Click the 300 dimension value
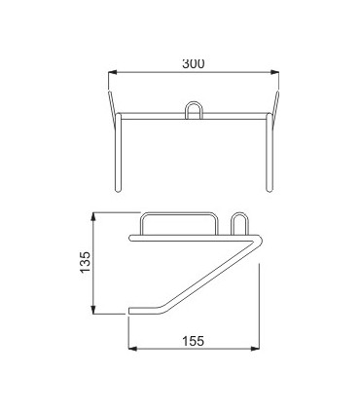(x=193, y=63)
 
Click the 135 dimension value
(x=85, y=262)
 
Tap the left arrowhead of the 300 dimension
(x=112, y=72)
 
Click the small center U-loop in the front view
(x=194, y=108)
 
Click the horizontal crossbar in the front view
(x=193, y=116)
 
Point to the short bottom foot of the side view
(x=146, y=311)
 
